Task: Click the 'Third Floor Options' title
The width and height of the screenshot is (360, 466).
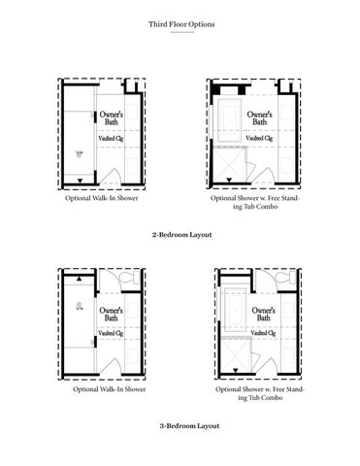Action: point(181,24)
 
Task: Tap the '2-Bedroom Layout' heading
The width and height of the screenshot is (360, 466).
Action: point(182,235)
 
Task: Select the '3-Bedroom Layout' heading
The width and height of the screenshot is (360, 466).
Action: point(189,426)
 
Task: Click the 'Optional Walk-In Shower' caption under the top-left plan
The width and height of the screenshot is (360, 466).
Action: point(102,198)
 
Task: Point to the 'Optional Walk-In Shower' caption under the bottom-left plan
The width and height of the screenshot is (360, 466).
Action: point(110,389)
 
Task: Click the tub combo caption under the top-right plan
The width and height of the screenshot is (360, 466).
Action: point(255,202)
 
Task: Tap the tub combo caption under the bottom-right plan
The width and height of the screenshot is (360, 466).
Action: point(260,393)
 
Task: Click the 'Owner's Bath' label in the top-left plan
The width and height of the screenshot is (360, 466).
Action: point(112,118)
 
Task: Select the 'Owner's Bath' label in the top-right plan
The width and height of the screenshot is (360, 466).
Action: point(259,118)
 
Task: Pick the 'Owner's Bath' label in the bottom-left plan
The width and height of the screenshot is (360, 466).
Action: point(111,315)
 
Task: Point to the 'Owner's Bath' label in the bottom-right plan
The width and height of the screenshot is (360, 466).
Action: point(264,315)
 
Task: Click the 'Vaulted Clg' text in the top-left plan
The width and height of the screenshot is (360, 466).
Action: point(111,138)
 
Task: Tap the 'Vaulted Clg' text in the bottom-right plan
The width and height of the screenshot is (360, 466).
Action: point(263,333)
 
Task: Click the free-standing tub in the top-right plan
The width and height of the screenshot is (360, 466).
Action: point(230,120)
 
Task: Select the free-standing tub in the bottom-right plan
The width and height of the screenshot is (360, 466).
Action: point(236,310)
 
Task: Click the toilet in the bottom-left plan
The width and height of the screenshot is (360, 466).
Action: point(129,278)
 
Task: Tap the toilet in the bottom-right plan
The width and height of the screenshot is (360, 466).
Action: point(286,278)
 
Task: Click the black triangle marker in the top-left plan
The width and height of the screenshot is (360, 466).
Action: point(81,181)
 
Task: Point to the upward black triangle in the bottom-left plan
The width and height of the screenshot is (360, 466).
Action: point(80,279)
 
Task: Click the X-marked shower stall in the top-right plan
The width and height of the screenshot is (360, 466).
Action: point(230,165)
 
